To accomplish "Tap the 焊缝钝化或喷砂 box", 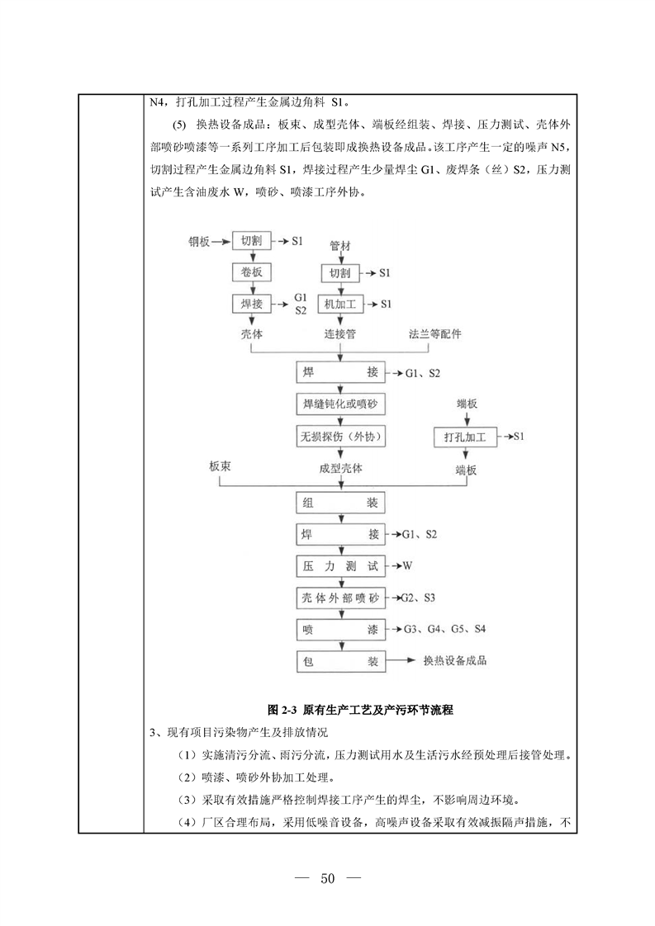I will coord(339,404).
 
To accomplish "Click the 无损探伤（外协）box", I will coord(339,435).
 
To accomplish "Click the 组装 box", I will coord(339,503).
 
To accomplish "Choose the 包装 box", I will coord(339,661).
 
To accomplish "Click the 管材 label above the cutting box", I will coord(339,246).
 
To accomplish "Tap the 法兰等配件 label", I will coord(434,335).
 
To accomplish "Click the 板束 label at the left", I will coord(225,468).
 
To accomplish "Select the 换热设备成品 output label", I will coord(454,661).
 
